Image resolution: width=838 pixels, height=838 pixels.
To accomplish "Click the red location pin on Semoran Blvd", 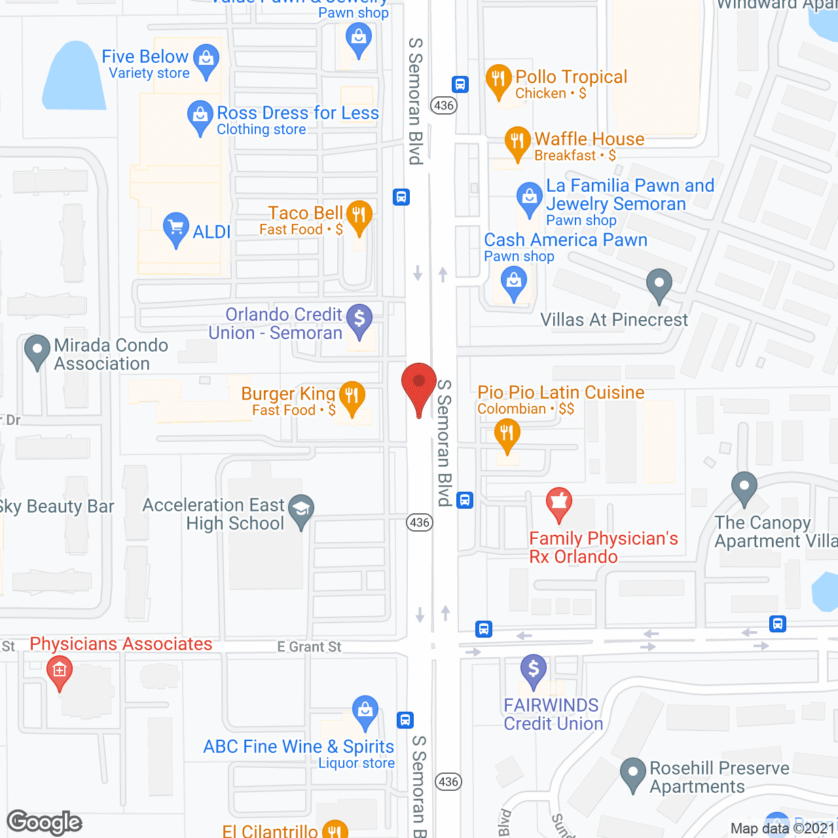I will pos(418,384).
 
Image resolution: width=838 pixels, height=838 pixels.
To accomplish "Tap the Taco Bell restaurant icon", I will pos(359,215).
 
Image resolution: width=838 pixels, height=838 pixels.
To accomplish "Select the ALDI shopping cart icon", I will pos(175,228).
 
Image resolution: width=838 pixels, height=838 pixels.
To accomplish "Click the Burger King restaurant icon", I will pos(352,395).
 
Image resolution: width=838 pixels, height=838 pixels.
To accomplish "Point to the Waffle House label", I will pos(589,139).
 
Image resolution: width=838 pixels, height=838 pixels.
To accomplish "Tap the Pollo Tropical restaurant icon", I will pos(498,79).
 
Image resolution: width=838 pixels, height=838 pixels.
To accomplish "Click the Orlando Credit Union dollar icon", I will pos(359,319).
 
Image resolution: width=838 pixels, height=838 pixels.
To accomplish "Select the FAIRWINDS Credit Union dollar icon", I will pos(534,669).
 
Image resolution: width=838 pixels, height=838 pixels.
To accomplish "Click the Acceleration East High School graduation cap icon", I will pos(301,508).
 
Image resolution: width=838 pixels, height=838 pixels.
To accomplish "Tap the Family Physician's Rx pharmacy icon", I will pos(559,503).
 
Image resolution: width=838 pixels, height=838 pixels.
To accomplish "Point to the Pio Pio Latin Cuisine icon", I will pos(507,433).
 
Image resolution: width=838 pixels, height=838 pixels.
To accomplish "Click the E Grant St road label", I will pos(309,647).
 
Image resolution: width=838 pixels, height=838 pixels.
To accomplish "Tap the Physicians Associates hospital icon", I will pos(60,670).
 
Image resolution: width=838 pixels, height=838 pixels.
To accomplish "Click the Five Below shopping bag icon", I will pos(206,59).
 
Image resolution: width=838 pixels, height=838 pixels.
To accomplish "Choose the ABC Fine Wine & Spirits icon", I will pos(365,710).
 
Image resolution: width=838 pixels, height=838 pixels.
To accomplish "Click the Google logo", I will pos(45,822).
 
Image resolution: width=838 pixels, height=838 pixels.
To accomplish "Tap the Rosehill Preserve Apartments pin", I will pos(633,773).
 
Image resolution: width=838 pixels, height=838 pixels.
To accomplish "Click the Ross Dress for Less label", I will pos(298,113).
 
